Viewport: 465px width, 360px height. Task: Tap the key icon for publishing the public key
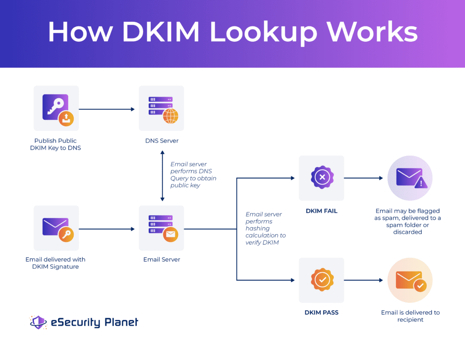point(56,108)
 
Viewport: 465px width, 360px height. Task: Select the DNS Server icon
point(162,108)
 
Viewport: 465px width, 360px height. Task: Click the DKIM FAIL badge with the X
point(322,178)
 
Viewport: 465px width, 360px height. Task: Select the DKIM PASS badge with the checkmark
point(322,280)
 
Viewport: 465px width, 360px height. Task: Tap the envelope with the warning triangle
point(410,178)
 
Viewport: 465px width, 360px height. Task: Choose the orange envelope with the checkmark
point(410,280)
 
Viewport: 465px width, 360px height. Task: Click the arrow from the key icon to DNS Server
point(107,109)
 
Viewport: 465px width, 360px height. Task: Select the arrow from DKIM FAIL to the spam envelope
point(363,178)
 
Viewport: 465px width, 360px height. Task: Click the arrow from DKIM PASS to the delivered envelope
point(363,280)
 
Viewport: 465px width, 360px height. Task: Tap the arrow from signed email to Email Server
point(107,229)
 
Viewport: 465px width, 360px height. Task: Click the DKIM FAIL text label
point(322,211)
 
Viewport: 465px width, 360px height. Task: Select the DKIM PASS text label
point(322,313)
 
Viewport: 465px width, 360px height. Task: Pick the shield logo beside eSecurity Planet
point(38,322)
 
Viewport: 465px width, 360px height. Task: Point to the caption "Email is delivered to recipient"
point(410,316)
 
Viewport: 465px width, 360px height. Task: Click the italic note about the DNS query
point(193,175)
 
